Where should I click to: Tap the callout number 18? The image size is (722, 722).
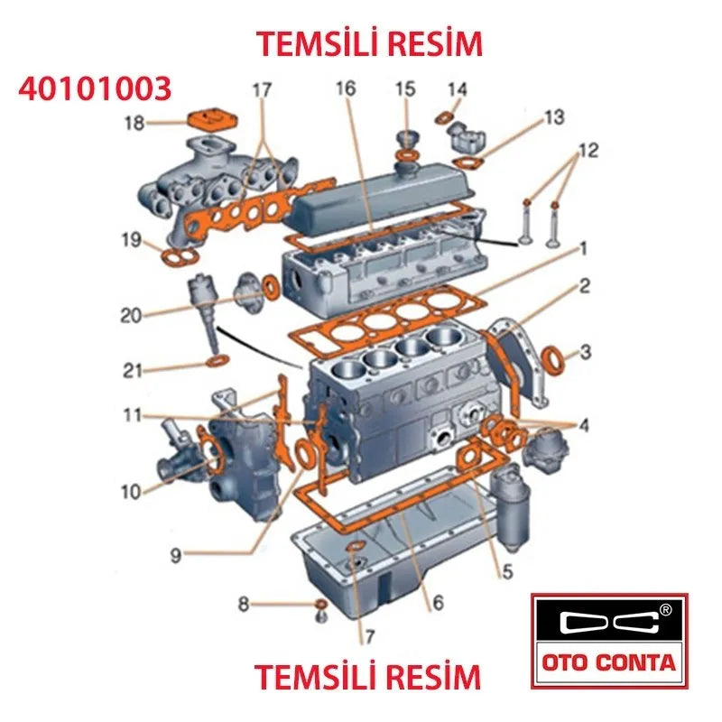(x=134, y=122)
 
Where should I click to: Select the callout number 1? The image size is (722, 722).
(x=584, y=247)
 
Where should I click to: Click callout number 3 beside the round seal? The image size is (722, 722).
(x=585, y=352)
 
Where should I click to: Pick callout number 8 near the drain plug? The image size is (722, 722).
(x=243, y=604)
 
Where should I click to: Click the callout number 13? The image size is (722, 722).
(x=553, y=117)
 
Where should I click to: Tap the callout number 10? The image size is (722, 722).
(x=132, y=492)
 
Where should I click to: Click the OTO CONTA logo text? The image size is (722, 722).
(x=608, y=662)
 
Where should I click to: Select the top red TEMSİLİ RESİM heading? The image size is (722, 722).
(x=369, y=42)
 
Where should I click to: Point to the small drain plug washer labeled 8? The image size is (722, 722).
(x=319, y=604)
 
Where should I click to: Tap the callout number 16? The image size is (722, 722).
(x=346, y=88)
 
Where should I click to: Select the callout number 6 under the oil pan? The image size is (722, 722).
(x=438, y=602)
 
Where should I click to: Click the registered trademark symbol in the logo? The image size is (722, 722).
(x=665, y=609)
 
